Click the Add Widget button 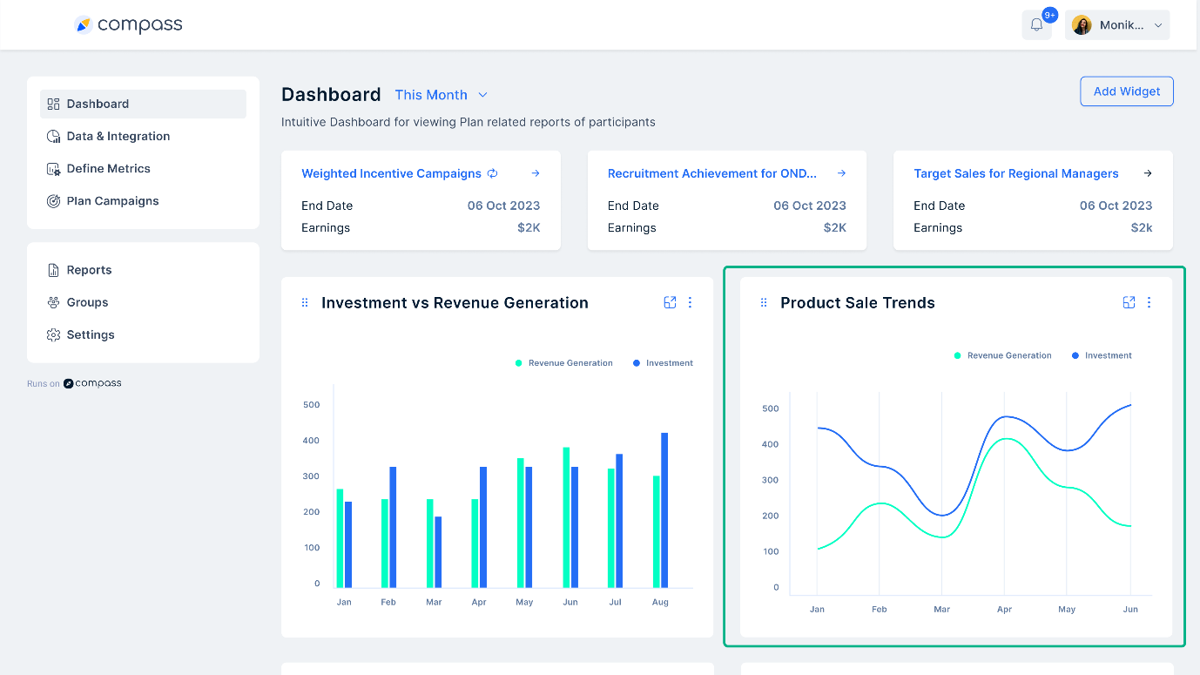(x=1126, y=91)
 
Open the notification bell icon (x=1036, y=25)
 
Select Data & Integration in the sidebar (x=118, y=136)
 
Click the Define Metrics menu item (x=108, y=168)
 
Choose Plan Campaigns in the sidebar (x=112, y=200)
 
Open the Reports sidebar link (x=89, y=270)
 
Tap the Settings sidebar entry (x=90, y=334)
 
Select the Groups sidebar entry (x=87, y=302)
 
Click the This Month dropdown (x=441, y=95)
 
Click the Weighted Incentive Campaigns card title (x=391, y=173)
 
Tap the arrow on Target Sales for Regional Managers (x=1147, y=173)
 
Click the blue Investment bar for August (x=664, y=510)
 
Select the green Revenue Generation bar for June (x=566, y=517)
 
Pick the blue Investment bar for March (x=438, y=551)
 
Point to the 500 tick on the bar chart (x=311, y=404)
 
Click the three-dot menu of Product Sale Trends (x=1149, y=302)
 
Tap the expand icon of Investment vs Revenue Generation (x=670, y=302)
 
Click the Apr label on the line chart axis (x=1004, y=610)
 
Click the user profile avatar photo (x=1082, y=25)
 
